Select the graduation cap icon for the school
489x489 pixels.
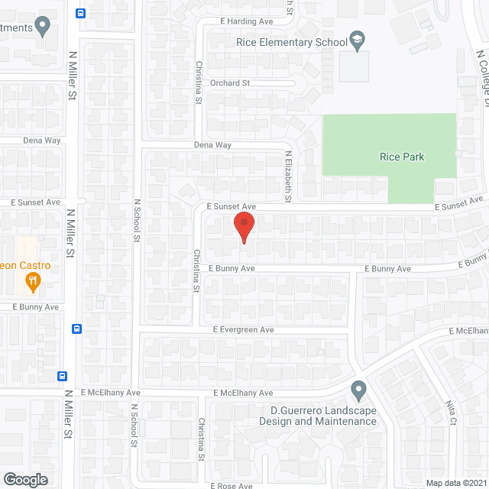point(357,40)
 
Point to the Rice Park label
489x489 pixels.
point(401,157)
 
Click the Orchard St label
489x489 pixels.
point(231,83)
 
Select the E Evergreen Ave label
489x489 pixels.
point(243,329)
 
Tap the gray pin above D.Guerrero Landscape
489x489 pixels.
point(358,390)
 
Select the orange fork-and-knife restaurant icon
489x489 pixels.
point(32,282)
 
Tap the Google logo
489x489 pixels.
point(24,479)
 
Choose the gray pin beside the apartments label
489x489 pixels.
point(43,28)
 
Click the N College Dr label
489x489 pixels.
point(482,76)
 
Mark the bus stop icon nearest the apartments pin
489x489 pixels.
point(81,13)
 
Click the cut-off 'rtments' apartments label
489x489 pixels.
point(16,28)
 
